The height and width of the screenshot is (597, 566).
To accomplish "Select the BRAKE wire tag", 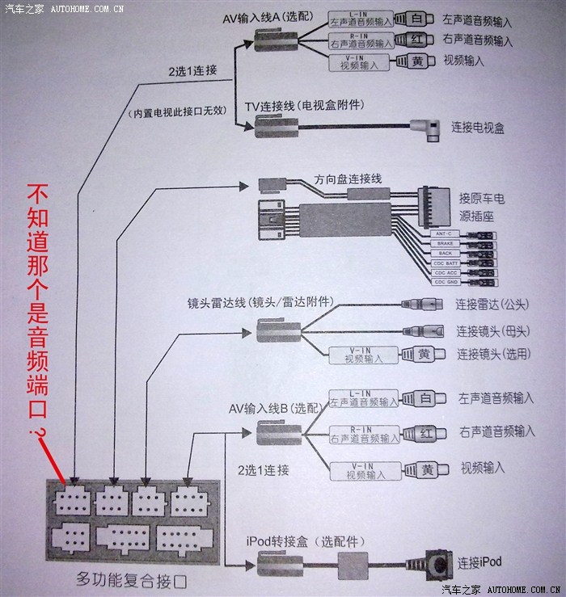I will pos(445,243).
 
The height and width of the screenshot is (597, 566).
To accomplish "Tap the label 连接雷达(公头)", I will pos(492,305).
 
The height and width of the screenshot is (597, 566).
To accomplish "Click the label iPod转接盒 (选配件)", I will pos(304,540).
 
